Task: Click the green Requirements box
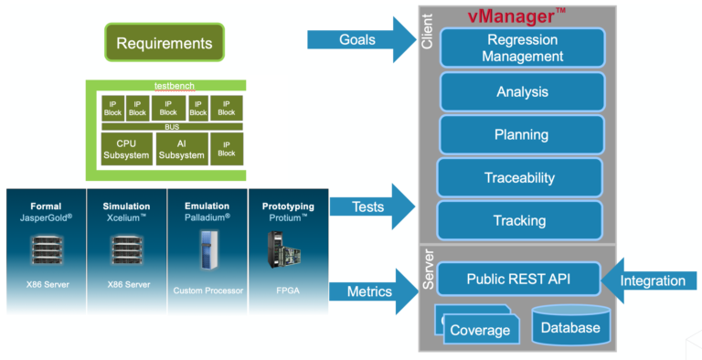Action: pyautogui.click(x=165, y=43)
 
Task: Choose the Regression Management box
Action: pyautogui.click(x=524, y=48)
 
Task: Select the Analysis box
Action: pyautogui.click(x=522, y=91)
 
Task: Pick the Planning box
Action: pyautogui.click(x=522, y=134)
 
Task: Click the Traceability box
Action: pyautogui.click(x=520, y=177)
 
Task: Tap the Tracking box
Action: pyautogui.click(x=520, y=220)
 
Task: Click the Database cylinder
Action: pyautogui.click(x=570, y=327)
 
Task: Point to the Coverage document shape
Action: pyautogui.click(x=479, y=329)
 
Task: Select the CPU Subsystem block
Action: pyautogui.click(x=125, y=149)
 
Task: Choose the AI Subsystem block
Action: pyautogui.click(x=181, y=149)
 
